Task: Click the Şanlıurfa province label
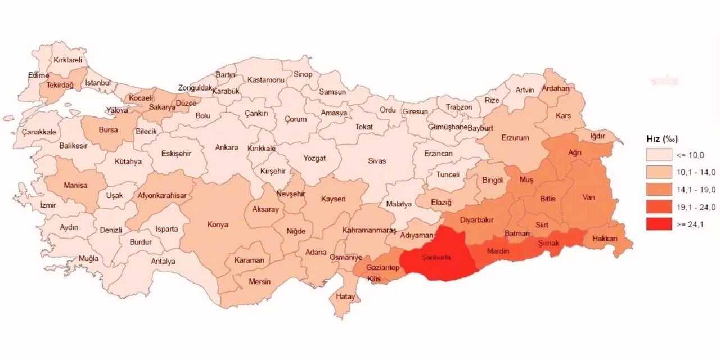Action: tap(440, 258)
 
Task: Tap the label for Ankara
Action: tap(227, 147)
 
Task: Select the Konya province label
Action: tap(218, 224)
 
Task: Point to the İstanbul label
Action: tap(98, 83)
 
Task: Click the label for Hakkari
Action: tap(604, 238)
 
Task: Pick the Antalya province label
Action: tap(163, 261)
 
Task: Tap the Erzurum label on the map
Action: tap(516, 137)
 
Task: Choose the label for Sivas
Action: tap(377, 161)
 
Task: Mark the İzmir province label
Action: tap(48, 205)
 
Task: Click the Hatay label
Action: tap(344, 296)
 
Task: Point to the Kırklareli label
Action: tap(68, 59)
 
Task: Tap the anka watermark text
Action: tap(665, 80)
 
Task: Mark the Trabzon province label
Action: tap(460, 107)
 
